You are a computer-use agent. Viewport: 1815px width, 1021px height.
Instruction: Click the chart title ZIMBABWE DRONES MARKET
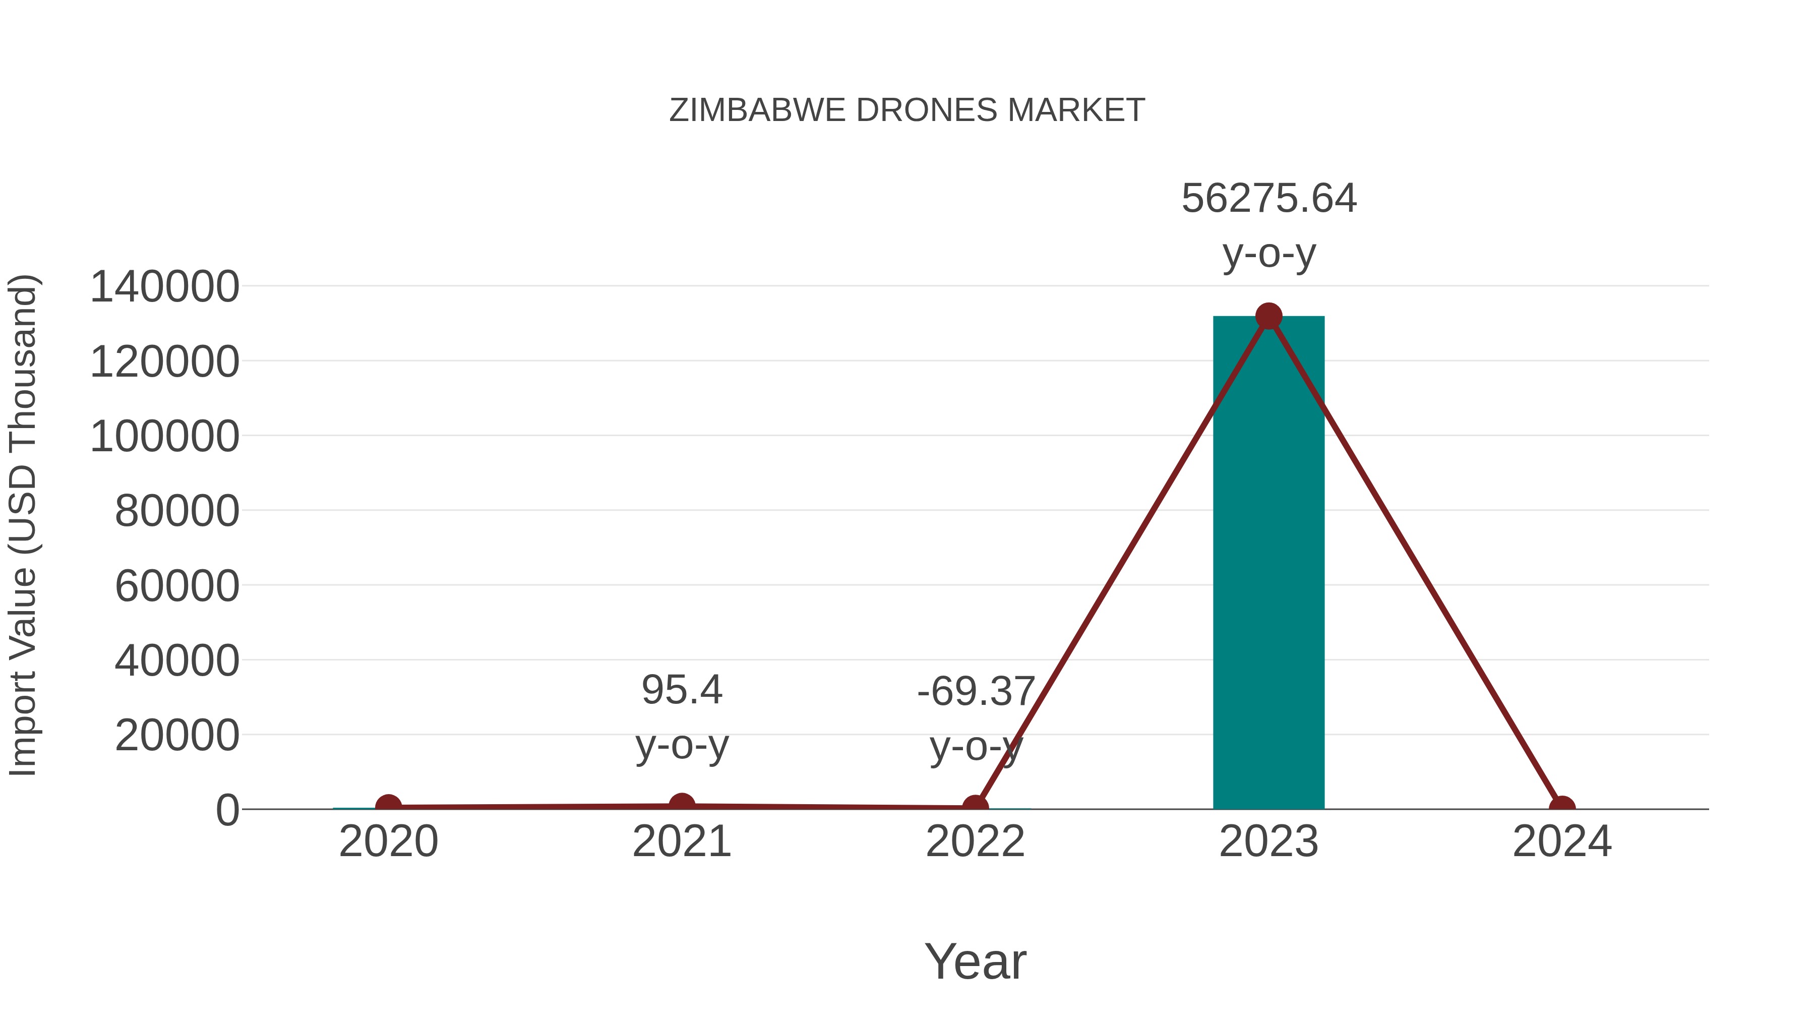(x=907, y=110)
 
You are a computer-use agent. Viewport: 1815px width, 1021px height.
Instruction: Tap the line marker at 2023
(x=1268, y=316)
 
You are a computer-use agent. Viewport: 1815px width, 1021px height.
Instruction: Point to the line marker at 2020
(x=388, y=806)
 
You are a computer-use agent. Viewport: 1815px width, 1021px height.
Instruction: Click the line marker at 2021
(x=681, y=805)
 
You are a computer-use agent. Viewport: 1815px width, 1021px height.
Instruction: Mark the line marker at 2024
(x=1562, y=808)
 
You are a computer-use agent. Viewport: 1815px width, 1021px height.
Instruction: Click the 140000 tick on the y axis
(x=165, y=287)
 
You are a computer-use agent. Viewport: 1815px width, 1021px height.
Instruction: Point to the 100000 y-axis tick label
(x=165, y=436)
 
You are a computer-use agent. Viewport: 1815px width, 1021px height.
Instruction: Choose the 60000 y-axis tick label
(x=177, y=585)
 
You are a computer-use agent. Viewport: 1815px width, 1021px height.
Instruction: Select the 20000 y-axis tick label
(x=177, y=736)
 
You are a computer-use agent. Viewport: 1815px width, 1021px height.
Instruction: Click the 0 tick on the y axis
(x=227, y=810)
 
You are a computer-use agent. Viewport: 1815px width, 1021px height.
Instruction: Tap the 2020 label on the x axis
(x=388, y=842)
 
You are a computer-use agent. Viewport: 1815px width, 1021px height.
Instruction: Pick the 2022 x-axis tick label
(x=975, y=842)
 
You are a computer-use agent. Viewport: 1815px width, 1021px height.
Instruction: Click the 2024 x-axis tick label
(x=1562, y=842)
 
